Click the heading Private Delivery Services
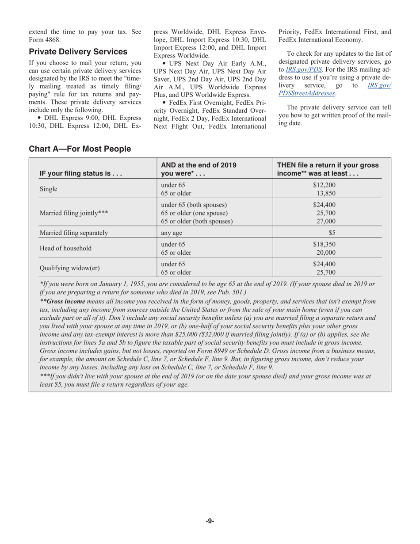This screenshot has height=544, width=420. [x=78, y=52]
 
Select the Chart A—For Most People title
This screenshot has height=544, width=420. [x=80, y=149]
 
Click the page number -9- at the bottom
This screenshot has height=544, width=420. [x=210, y=521]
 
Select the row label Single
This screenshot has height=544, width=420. [x=49, y=189]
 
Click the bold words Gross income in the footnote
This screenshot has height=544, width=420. [x=65, y=301]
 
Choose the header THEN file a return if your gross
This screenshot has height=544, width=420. [x=328, y=165]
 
